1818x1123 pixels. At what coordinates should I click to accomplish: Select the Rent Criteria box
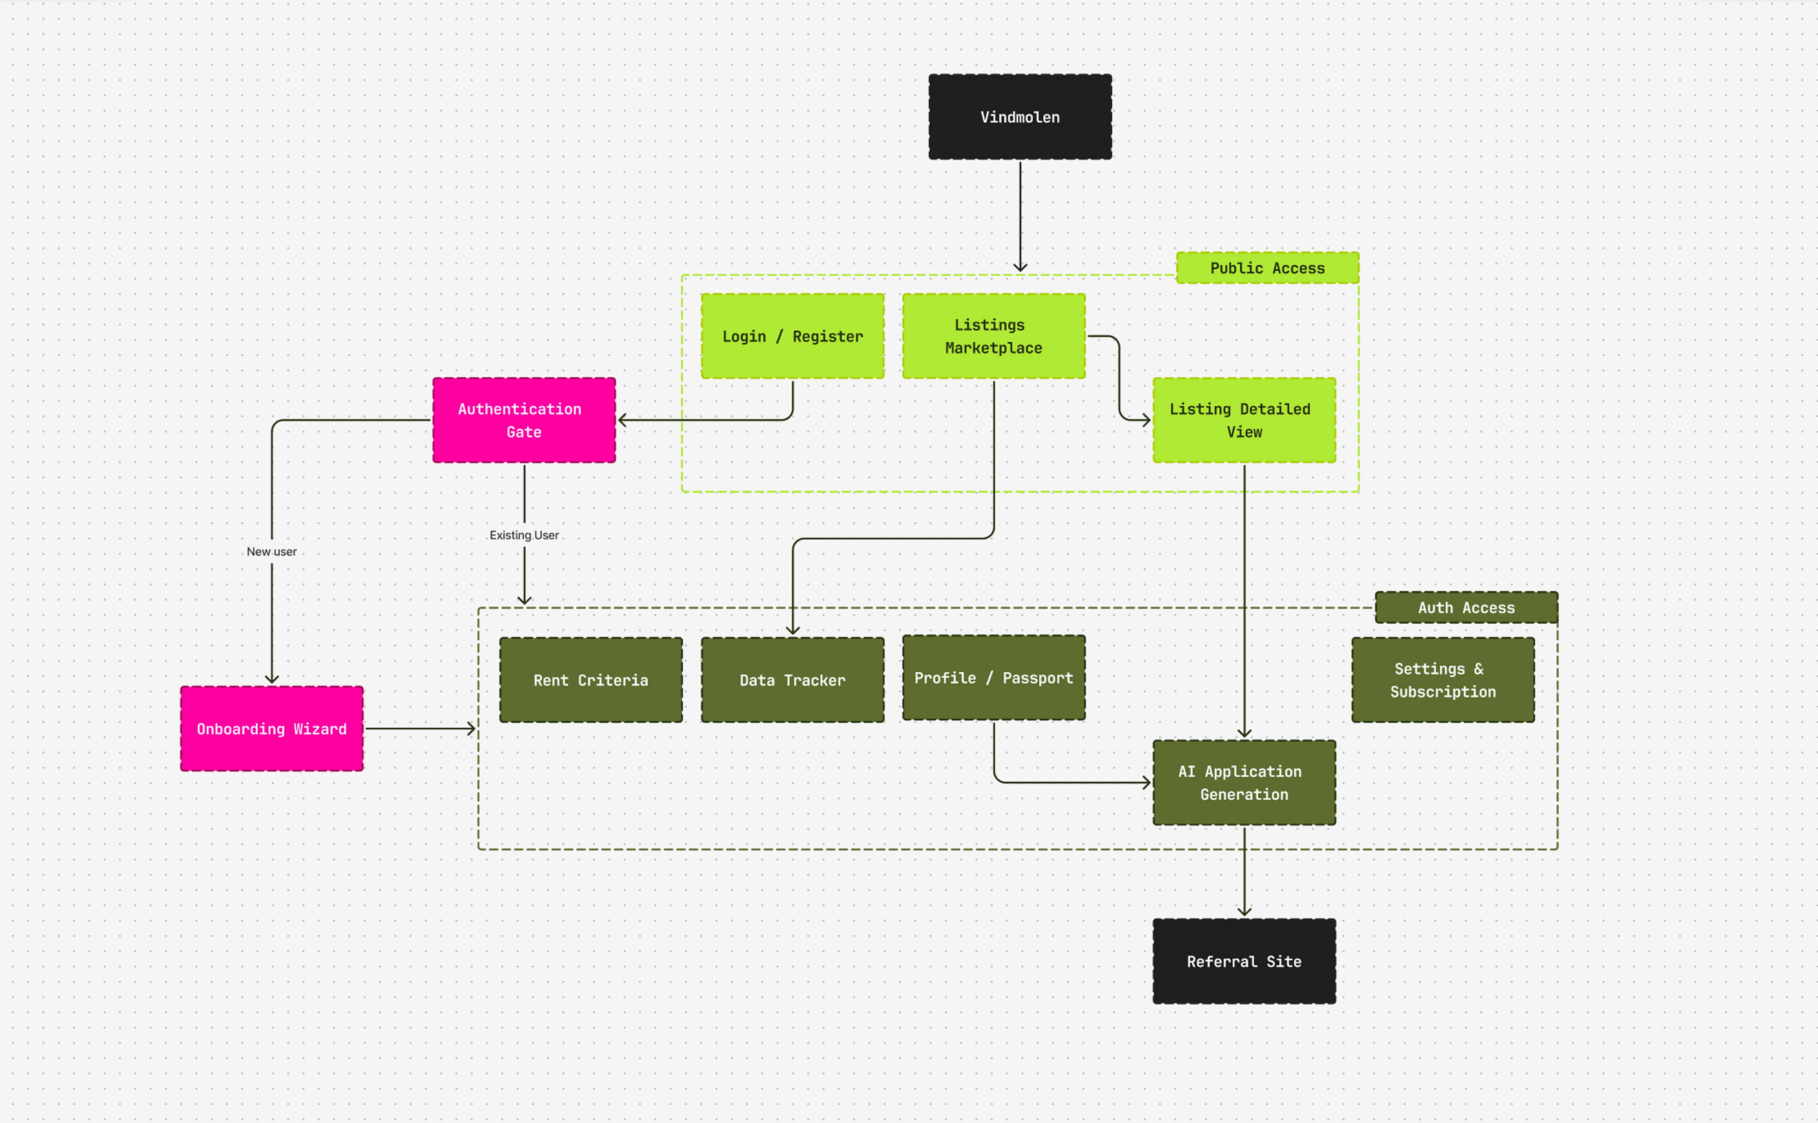click(x=591, y=680)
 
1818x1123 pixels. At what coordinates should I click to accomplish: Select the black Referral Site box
click(x=1244, y=961)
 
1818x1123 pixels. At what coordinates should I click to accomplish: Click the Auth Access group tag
click(x=1466, y=607)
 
